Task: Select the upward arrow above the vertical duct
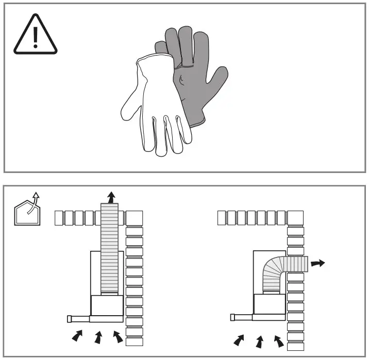coord(110,197)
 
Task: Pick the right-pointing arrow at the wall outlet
coord(318,263)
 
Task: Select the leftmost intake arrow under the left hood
coord(77,335)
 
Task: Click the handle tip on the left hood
coord(70,319)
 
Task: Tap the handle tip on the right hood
coord(233,318)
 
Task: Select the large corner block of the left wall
coord(135,218)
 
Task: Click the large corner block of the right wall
coord(296,218)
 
